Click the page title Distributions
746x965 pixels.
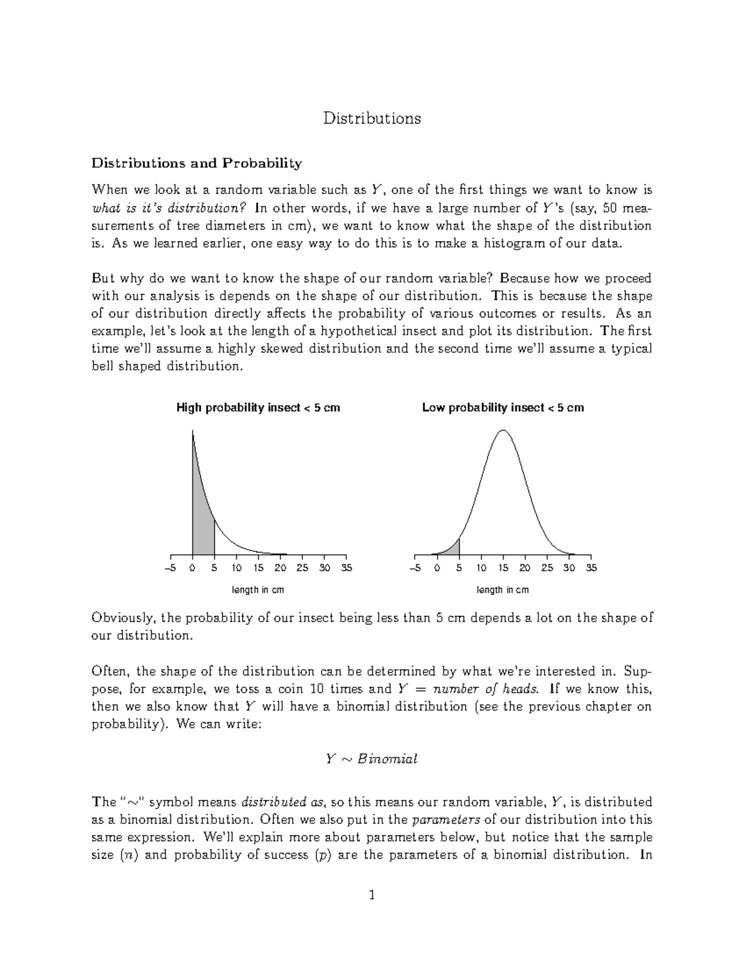[372, 118]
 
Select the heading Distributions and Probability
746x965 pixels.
[196, 163]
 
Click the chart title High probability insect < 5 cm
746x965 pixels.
[258, 408]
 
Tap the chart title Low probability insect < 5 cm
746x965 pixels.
[503, 408]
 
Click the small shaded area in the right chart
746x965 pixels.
[454, 549]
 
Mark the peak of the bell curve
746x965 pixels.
[503, 431]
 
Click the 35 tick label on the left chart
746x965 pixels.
[346, 568]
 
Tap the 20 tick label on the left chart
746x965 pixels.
[280, 568]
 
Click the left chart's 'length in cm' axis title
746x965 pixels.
[258, 590]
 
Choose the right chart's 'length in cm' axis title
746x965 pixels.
[503, 590]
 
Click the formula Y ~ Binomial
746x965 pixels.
[372, 759]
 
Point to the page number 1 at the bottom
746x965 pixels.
[372, 895]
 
